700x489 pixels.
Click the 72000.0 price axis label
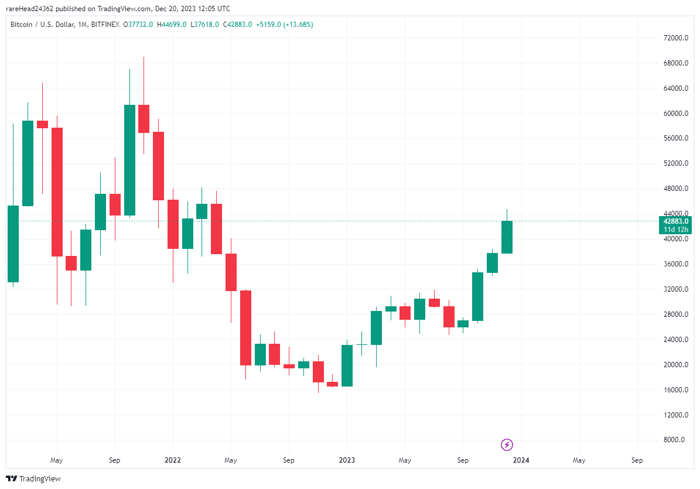(x=671, y=38)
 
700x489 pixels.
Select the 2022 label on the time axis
(x=173, y=460)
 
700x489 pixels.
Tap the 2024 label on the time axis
(x=521, y=460)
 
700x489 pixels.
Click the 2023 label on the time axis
(x=347, y=460)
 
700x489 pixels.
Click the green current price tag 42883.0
(x=675, y=221)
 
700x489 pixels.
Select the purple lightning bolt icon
(x=507, y=445)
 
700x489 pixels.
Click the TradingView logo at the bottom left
(x=33, y=478)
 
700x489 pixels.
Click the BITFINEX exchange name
(x=105, y=25)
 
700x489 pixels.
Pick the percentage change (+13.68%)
(x=298, y=25)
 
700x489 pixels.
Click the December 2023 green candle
(x=507, y=237)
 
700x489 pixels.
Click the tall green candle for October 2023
(x=478, y=296)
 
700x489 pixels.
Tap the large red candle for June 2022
(x=245, y=327)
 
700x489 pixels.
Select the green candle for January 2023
(x=347, y=365)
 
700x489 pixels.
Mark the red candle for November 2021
(x=144, y=119)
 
